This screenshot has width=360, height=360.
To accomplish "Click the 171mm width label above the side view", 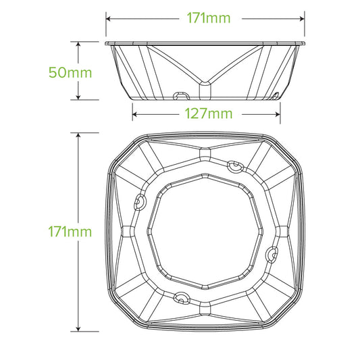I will click(x=206, y=19).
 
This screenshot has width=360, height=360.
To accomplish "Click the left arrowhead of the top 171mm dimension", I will click(x=108, y=19).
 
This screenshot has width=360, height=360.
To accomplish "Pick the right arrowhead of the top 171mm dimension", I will click(x=304, y=19).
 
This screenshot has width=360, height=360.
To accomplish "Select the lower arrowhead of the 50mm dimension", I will click(x=80, y=98).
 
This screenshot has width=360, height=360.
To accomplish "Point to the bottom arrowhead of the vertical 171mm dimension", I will click(x=80, y=329).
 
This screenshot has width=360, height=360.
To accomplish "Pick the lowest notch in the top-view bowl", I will click(x=180, y=295).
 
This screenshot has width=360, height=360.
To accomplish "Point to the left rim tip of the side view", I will click(x=107, y=44).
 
